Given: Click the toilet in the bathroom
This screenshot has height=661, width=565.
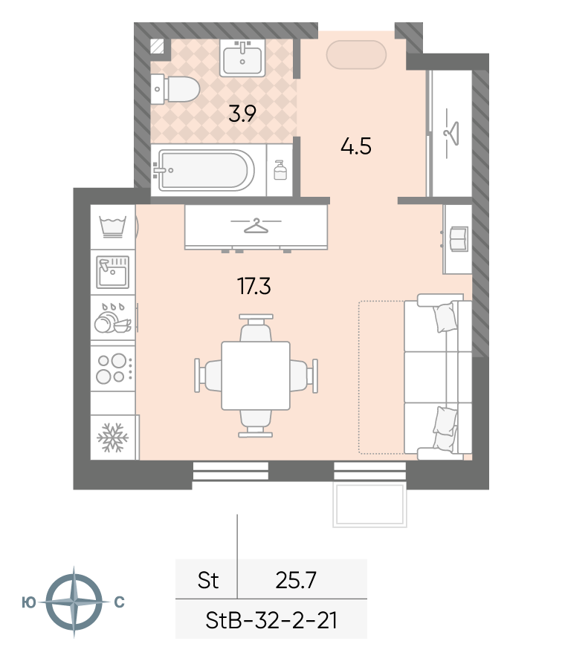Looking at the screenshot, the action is click(x=175, y=89).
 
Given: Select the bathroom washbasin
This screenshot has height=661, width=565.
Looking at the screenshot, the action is click(x=242, y=58).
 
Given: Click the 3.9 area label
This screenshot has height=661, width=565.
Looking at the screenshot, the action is click(x=242, y=114).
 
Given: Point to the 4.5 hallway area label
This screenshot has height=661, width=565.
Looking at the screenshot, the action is click(x=355, y=147).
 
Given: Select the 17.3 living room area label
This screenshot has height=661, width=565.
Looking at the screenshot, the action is click(x=254, y=287).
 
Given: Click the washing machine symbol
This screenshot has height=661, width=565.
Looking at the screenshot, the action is click(x=113, y=227).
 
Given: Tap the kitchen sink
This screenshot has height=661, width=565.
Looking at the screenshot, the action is click(x=113, y=273).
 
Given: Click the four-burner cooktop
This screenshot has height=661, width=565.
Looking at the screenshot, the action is click(x=112, y=368).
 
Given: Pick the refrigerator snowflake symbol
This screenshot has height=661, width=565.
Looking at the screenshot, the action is click(x=112, y=437).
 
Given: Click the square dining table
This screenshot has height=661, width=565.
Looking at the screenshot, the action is click(x=256, y=376).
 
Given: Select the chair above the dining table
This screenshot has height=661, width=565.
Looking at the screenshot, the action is click(x=256, y=328).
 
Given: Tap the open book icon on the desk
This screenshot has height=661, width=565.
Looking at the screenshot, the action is click(x=459, y=239).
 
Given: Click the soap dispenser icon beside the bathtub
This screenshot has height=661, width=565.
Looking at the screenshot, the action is click(x=280, y=170).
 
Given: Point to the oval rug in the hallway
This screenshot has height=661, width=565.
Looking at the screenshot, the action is click(x=357, y=55).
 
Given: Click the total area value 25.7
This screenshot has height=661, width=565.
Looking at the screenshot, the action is click(x=296, y=580).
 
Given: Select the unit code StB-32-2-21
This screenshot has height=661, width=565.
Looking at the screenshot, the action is click(x=271, y=620).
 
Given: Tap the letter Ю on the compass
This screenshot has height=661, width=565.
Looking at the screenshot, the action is click(x=29, y=603).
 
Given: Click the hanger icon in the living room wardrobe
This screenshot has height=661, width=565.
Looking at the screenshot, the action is click(x=256, y=226).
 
